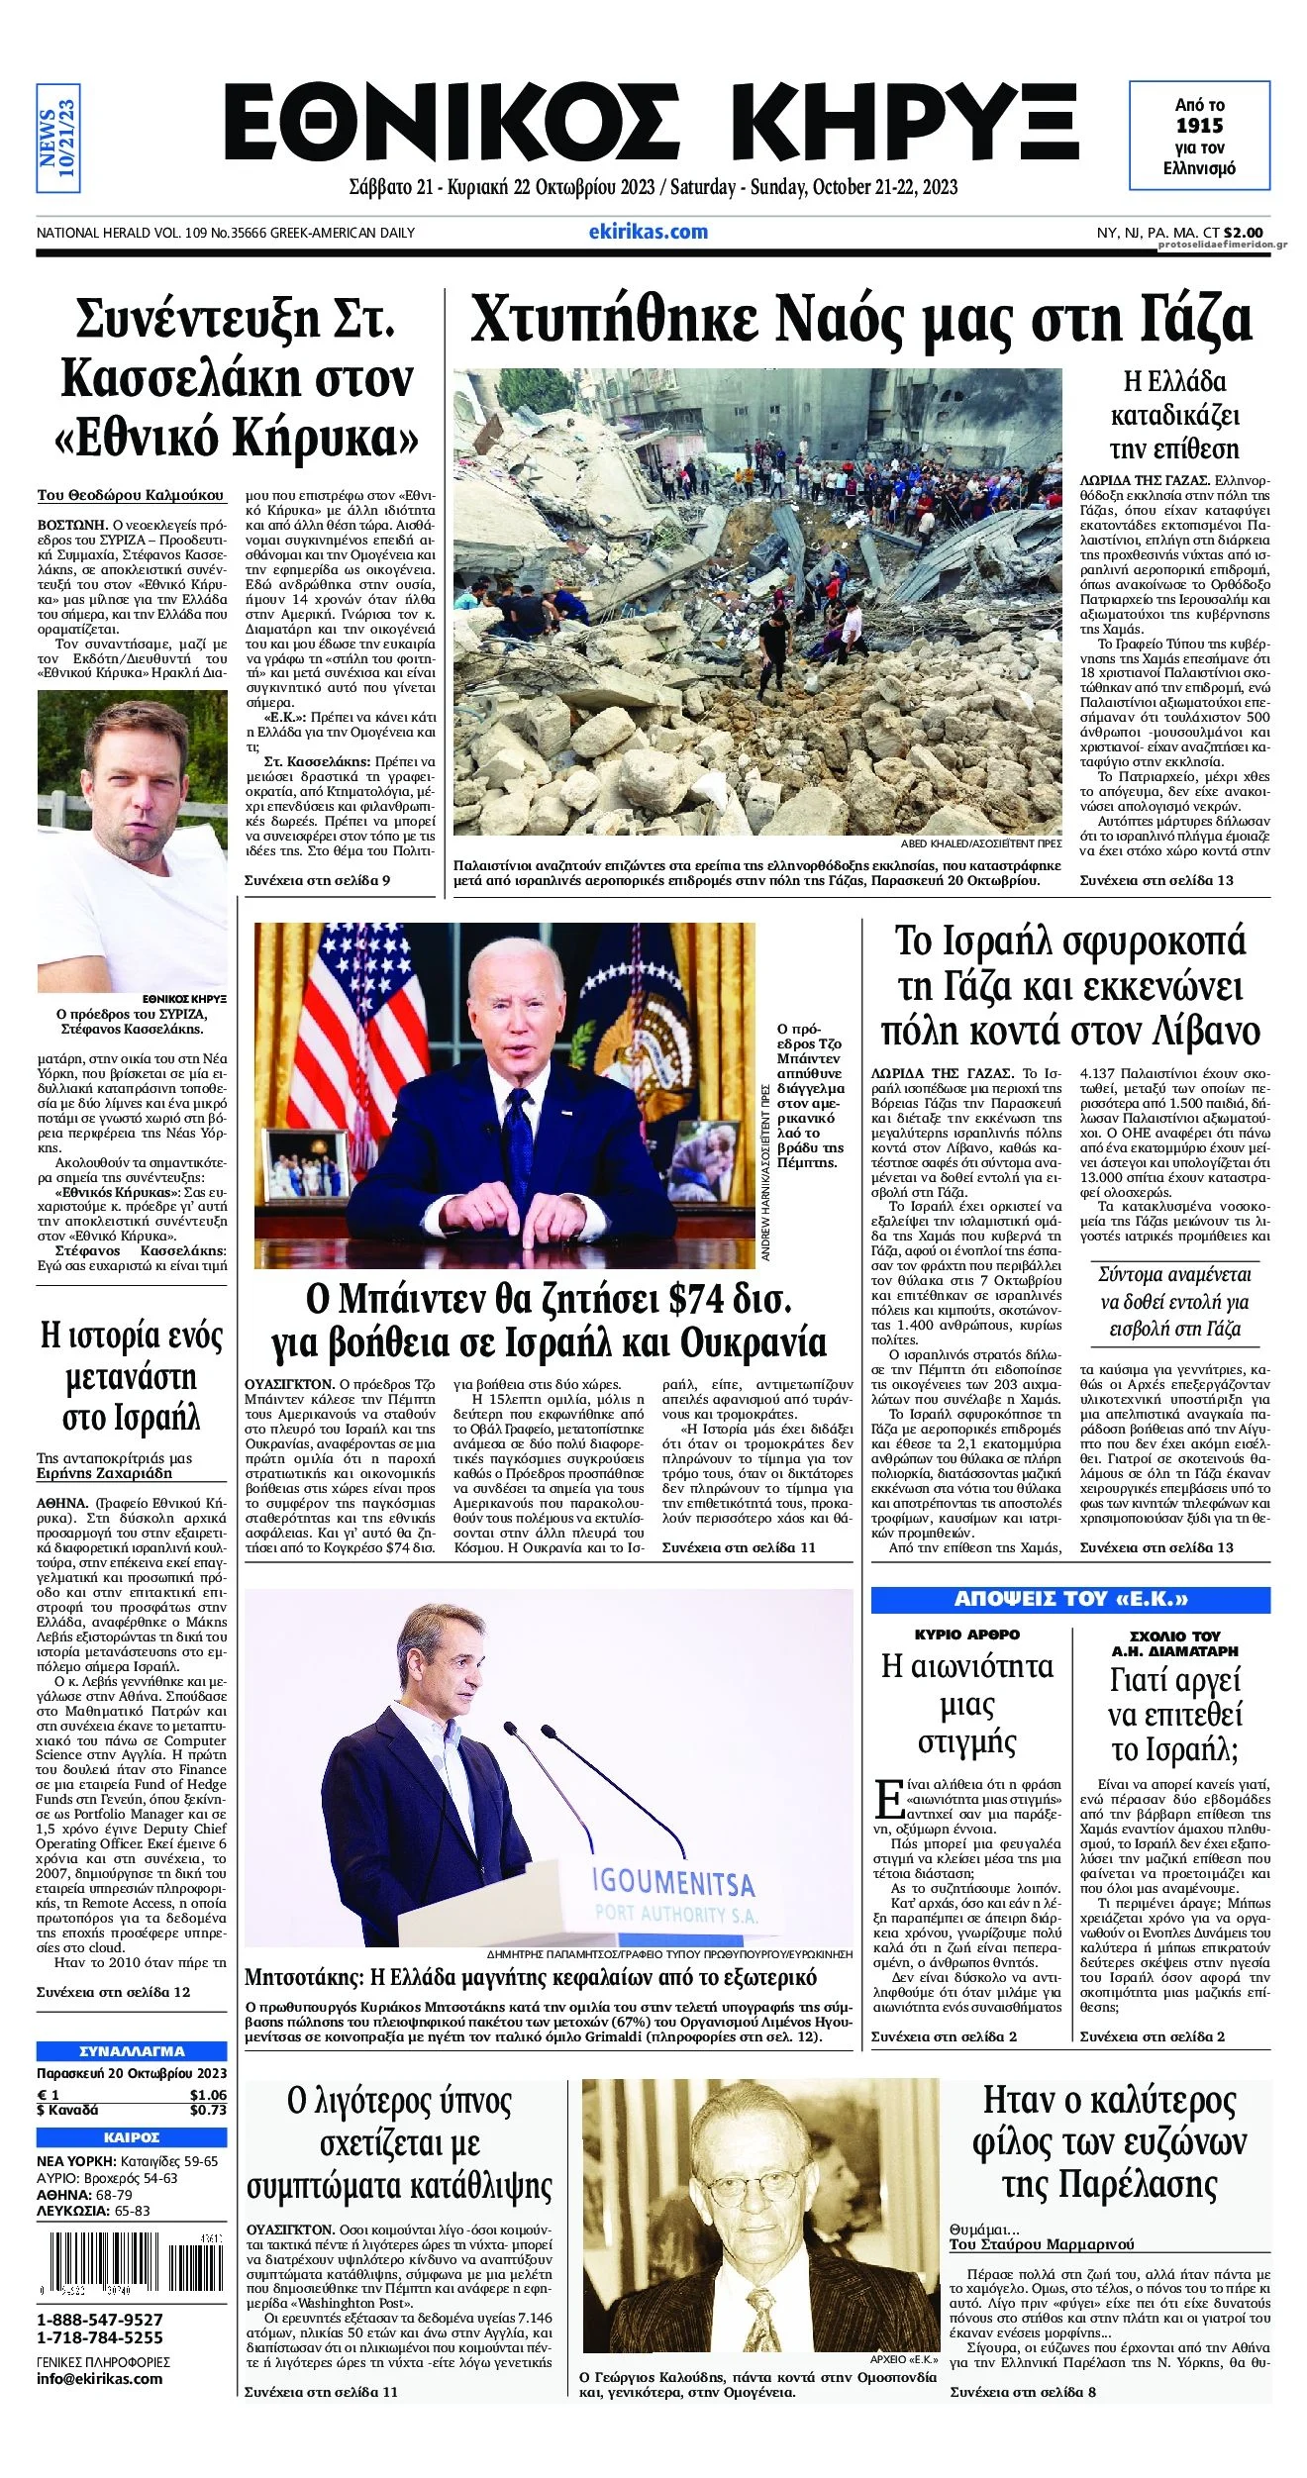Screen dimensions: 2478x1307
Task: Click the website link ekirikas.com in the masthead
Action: tap(648, 232)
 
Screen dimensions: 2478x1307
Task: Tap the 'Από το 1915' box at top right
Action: tap(1199, 136)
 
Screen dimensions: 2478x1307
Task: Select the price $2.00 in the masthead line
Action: tap(1243, 233)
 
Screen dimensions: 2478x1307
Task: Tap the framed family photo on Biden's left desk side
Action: tap(309, 1166)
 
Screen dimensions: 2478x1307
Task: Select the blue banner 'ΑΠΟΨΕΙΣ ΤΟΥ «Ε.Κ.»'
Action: tap(1069, 1599)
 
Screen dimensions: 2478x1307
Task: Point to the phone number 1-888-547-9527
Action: tap(100, 2320)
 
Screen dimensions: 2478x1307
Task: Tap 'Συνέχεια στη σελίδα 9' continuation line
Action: tap(317, 880)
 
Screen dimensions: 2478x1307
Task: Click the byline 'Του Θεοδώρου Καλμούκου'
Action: tap(131, 495)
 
